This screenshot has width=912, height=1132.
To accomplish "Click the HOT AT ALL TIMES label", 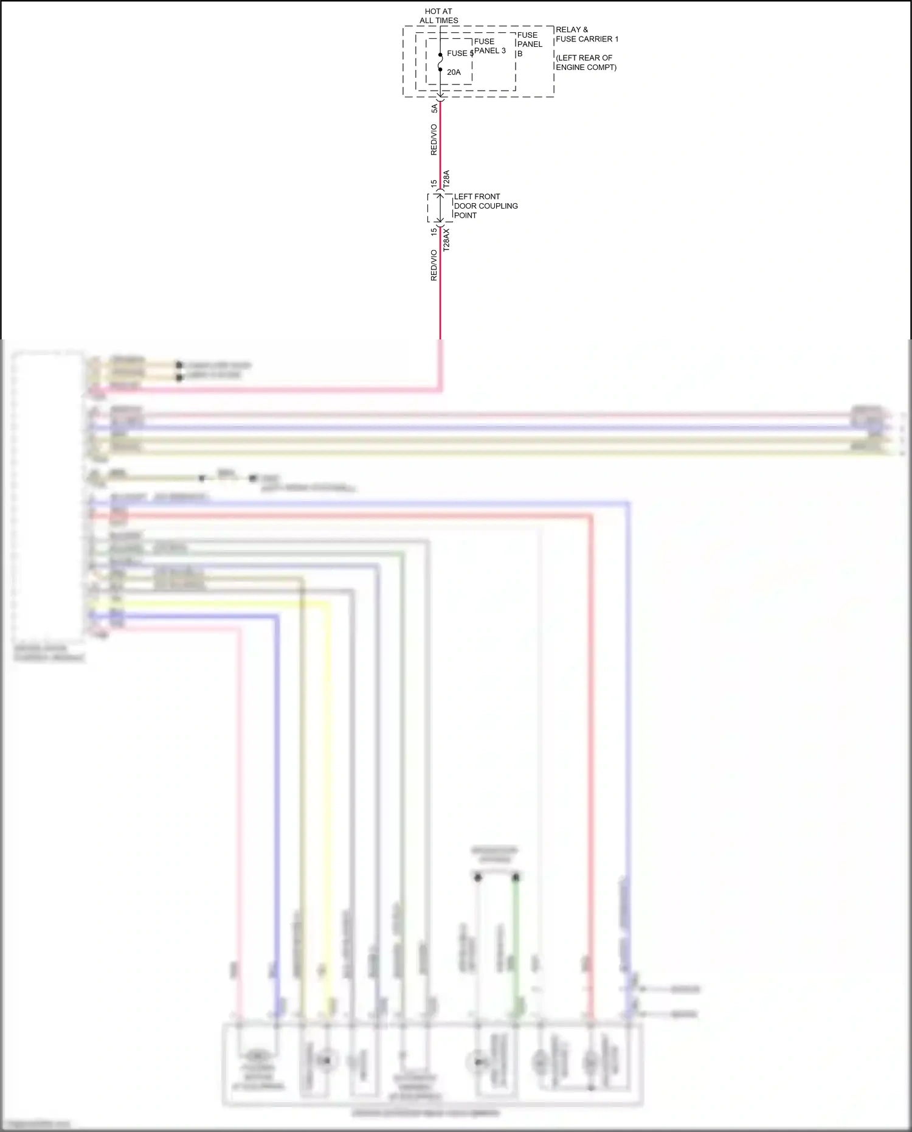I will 438,16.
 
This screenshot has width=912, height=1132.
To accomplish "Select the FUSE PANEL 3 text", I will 489,46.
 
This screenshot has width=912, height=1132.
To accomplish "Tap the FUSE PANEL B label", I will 529,44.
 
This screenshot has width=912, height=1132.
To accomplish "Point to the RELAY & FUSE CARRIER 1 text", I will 586,34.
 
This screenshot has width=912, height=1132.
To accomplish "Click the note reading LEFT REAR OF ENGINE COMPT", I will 586,63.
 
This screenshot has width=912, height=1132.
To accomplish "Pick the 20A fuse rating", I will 454,72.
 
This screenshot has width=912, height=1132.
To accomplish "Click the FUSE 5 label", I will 460,54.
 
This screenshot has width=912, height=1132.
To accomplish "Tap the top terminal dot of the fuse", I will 440,55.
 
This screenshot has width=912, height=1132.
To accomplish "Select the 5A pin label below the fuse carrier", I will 434,108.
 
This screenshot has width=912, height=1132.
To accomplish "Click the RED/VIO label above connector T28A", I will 434,139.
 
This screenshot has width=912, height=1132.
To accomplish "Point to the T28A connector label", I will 446,179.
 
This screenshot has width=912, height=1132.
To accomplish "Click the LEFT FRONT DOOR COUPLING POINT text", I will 485,206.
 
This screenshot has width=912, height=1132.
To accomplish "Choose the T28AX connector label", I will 446,240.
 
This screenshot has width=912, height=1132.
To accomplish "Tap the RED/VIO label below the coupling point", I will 434,265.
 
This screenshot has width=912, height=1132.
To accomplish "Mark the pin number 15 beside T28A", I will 434,183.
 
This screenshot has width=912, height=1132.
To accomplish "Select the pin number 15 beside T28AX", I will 434,232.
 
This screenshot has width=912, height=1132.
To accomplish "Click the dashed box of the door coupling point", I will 440,208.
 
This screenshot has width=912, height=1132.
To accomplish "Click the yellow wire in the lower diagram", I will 329,791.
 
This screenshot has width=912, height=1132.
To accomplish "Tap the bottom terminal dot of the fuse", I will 440,69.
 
